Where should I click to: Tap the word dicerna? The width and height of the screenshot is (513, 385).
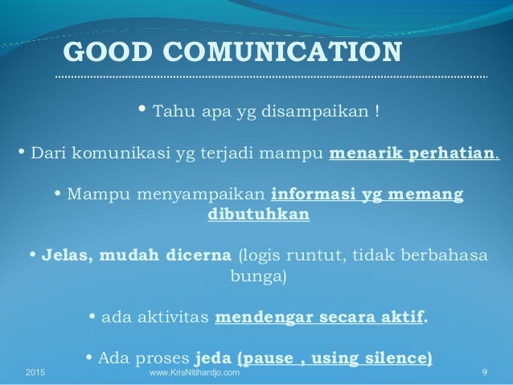click(x=199, y=258)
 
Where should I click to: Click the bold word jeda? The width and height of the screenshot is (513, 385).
click(x=213, y=358)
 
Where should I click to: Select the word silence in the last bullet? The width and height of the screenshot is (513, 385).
click(x=400, y=358)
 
